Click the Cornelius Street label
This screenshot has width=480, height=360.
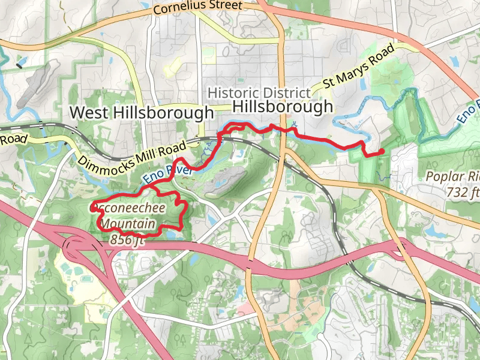pos(199,8)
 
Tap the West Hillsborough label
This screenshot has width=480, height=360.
pos(142,112)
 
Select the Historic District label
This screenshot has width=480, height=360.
pos(259,93)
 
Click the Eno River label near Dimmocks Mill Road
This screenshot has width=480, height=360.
pos(167,174)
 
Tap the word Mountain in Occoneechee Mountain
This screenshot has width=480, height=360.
pos(131,224)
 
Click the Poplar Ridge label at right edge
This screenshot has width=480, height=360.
pos(453,177)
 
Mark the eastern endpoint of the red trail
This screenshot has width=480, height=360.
pos(382,151)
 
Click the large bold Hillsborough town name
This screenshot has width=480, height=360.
pos(282,107)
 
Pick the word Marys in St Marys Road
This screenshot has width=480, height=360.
pos(361,64)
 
